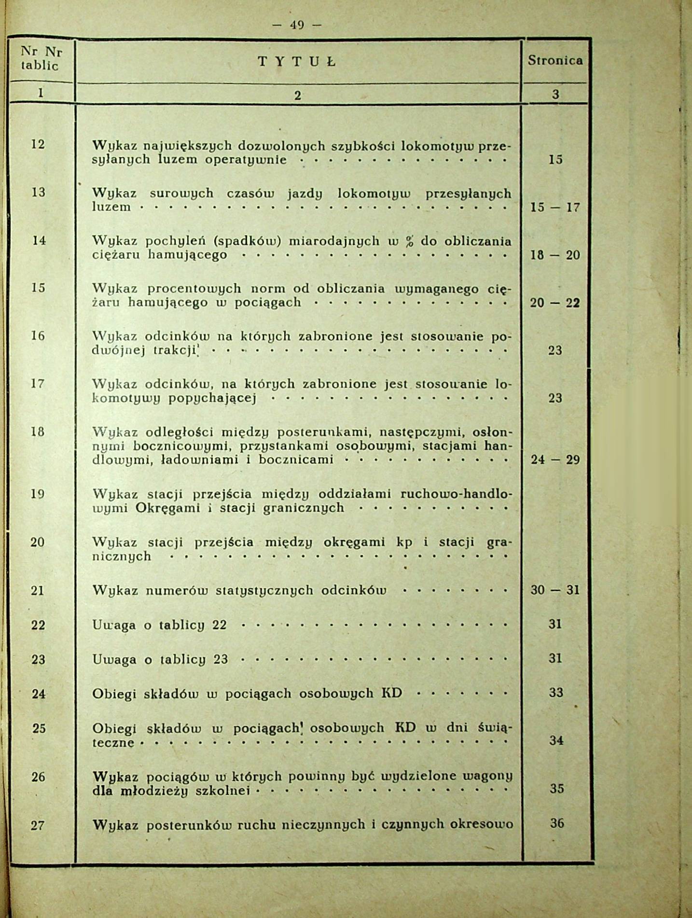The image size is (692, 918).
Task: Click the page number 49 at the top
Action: pyautogui.click(x=296, y=24)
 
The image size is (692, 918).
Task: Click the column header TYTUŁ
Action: pyautogui.click(x=297, y=61)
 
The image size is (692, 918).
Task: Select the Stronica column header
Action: pyautogui.click(x=555, y=60)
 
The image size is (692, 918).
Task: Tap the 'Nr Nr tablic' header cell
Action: pyautogui.click(x=41, y=59)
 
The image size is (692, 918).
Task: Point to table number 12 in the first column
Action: pyautogui.click(x=38, y=144)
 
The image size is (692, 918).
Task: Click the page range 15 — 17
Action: pyautogui.click(x=555, y=208)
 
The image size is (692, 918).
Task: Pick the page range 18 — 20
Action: pyautogui.click(x=555, y=255)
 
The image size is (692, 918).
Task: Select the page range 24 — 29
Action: pyautogui.click(x=555, y=459)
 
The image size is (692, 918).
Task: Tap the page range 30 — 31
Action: pyautogui.click(x=555, y=590)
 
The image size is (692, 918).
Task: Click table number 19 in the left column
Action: pyautogui.click(x=38, y=494)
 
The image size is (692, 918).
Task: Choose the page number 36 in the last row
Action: pyautogui.click(x=557, y=823)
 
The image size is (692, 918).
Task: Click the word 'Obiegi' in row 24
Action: pyautogui.click(x=114, y=694)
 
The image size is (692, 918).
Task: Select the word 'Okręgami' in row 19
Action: pyautogui.click(x=167, y=508)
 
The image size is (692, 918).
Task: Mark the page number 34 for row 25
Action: pyautogui.click(x=556, y=740)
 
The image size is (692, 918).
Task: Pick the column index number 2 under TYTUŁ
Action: pyautogui.click(x=297, y=96)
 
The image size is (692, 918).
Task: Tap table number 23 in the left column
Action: pyautogui.click(x=38, y=659)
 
